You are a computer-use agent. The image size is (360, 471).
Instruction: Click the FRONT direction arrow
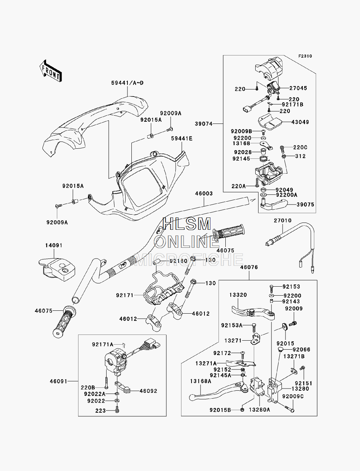[x=51, y=71]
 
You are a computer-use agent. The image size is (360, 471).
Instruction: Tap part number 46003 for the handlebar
[x=204, y=194]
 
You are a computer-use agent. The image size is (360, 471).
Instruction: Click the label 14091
[x=54, y=245]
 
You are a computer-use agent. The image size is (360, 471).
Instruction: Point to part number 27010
[x=283, y=221]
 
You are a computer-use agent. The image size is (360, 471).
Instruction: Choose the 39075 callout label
[x=305, y=205]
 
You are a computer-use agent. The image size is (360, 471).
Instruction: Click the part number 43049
[x=300, y=122]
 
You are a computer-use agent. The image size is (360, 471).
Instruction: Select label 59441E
[x=182, y=139]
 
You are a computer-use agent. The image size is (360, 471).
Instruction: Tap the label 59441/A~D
[x=127, y=83]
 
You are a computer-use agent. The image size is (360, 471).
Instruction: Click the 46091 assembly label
[x=59, y=381]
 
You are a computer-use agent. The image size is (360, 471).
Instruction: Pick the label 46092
[x=148, y=391]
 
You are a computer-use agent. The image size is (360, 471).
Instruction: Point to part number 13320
[x=238, y=295]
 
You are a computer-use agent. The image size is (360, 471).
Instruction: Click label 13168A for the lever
[x=201, y=381]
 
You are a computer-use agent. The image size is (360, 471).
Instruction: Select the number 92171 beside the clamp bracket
[x=125, y=295]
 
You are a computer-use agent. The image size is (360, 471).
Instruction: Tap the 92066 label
[x=301, y=350]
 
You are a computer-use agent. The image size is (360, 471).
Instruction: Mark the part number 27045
[x=298, y=88]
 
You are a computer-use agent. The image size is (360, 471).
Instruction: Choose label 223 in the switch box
[x=100, y=411]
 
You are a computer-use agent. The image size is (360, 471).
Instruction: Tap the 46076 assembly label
[x=249, y=267]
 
